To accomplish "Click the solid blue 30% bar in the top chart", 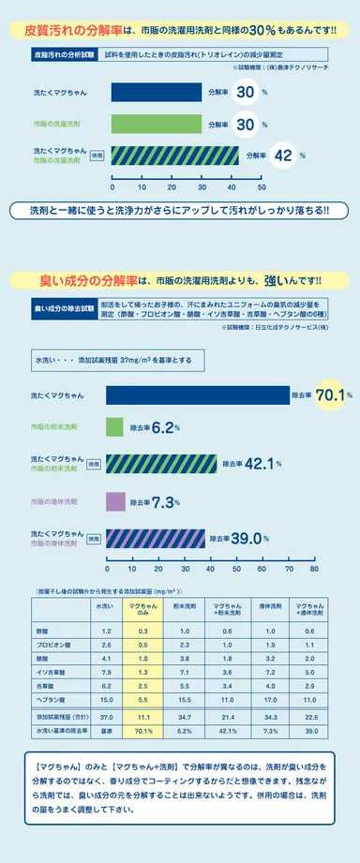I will pyautogui.click(x=156, y=93).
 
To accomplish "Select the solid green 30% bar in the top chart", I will pyautogui.click(x=156, y=124).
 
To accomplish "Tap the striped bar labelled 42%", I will pyautogui.click(x=174, y=156).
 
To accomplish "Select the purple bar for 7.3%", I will pyautogui.click(x=114, y=502).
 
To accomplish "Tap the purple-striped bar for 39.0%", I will pyautogui.click(x=161, y=538).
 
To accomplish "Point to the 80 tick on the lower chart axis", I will pyautogui.click(x=314, y=569).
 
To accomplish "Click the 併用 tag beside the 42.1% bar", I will pyautogui.click(x=94, y=463).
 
